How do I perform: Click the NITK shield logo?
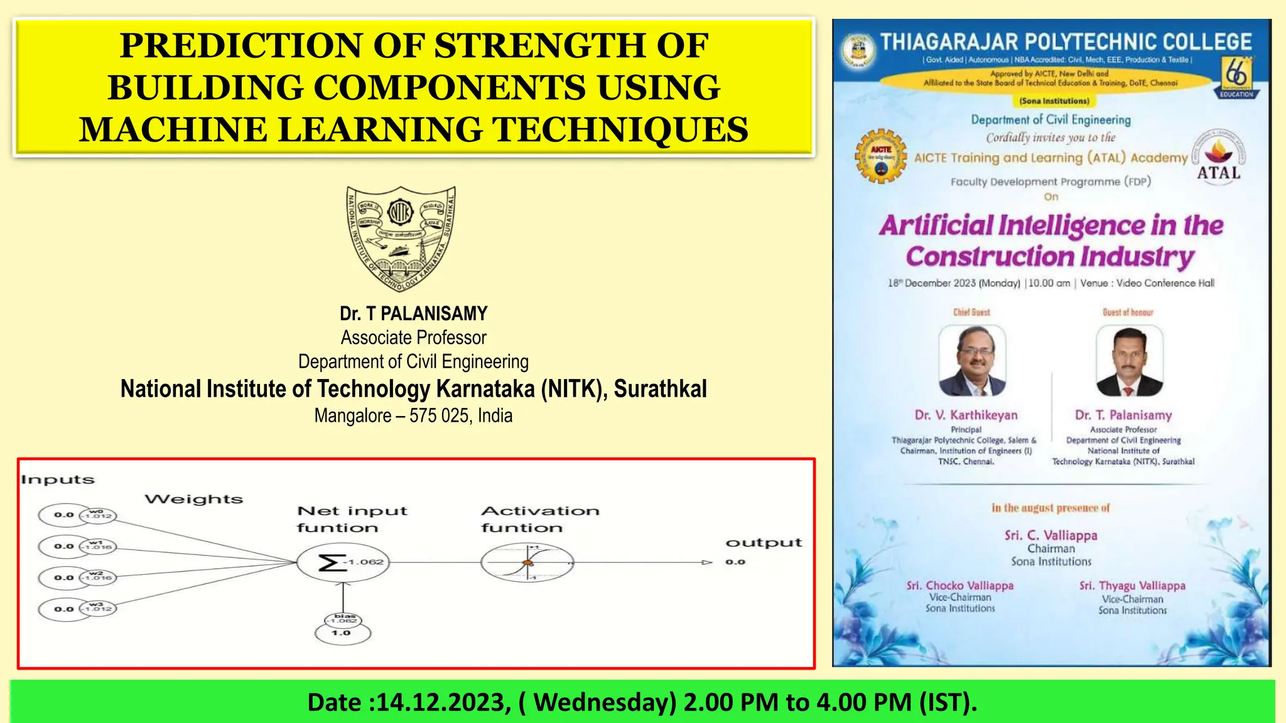[x=401, y=237]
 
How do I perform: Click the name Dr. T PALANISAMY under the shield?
[x=413, y=313]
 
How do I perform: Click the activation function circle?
[x=527, y=562]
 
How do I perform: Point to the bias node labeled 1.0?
[x=342, y=633]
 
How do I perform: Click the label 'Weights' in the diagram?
[x=193, y=500]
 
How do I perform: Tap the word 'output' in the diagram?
[x=764, y=543]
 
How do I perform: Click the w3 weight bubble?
[x=98, y=608]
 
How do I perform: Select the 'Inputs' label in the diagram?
[x=58, y=480]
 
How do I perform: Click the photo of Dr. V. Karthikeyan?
[x=972, y=361]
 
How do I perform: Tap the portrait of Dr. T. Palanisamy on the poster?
[x=1129, y=361]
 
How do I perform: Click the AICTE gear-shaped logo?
[x=882, y=156]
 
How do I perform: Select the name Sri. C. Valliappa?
[x=1051, y=535]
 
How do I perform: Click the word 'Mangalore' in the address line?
[x=352, y=415]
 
